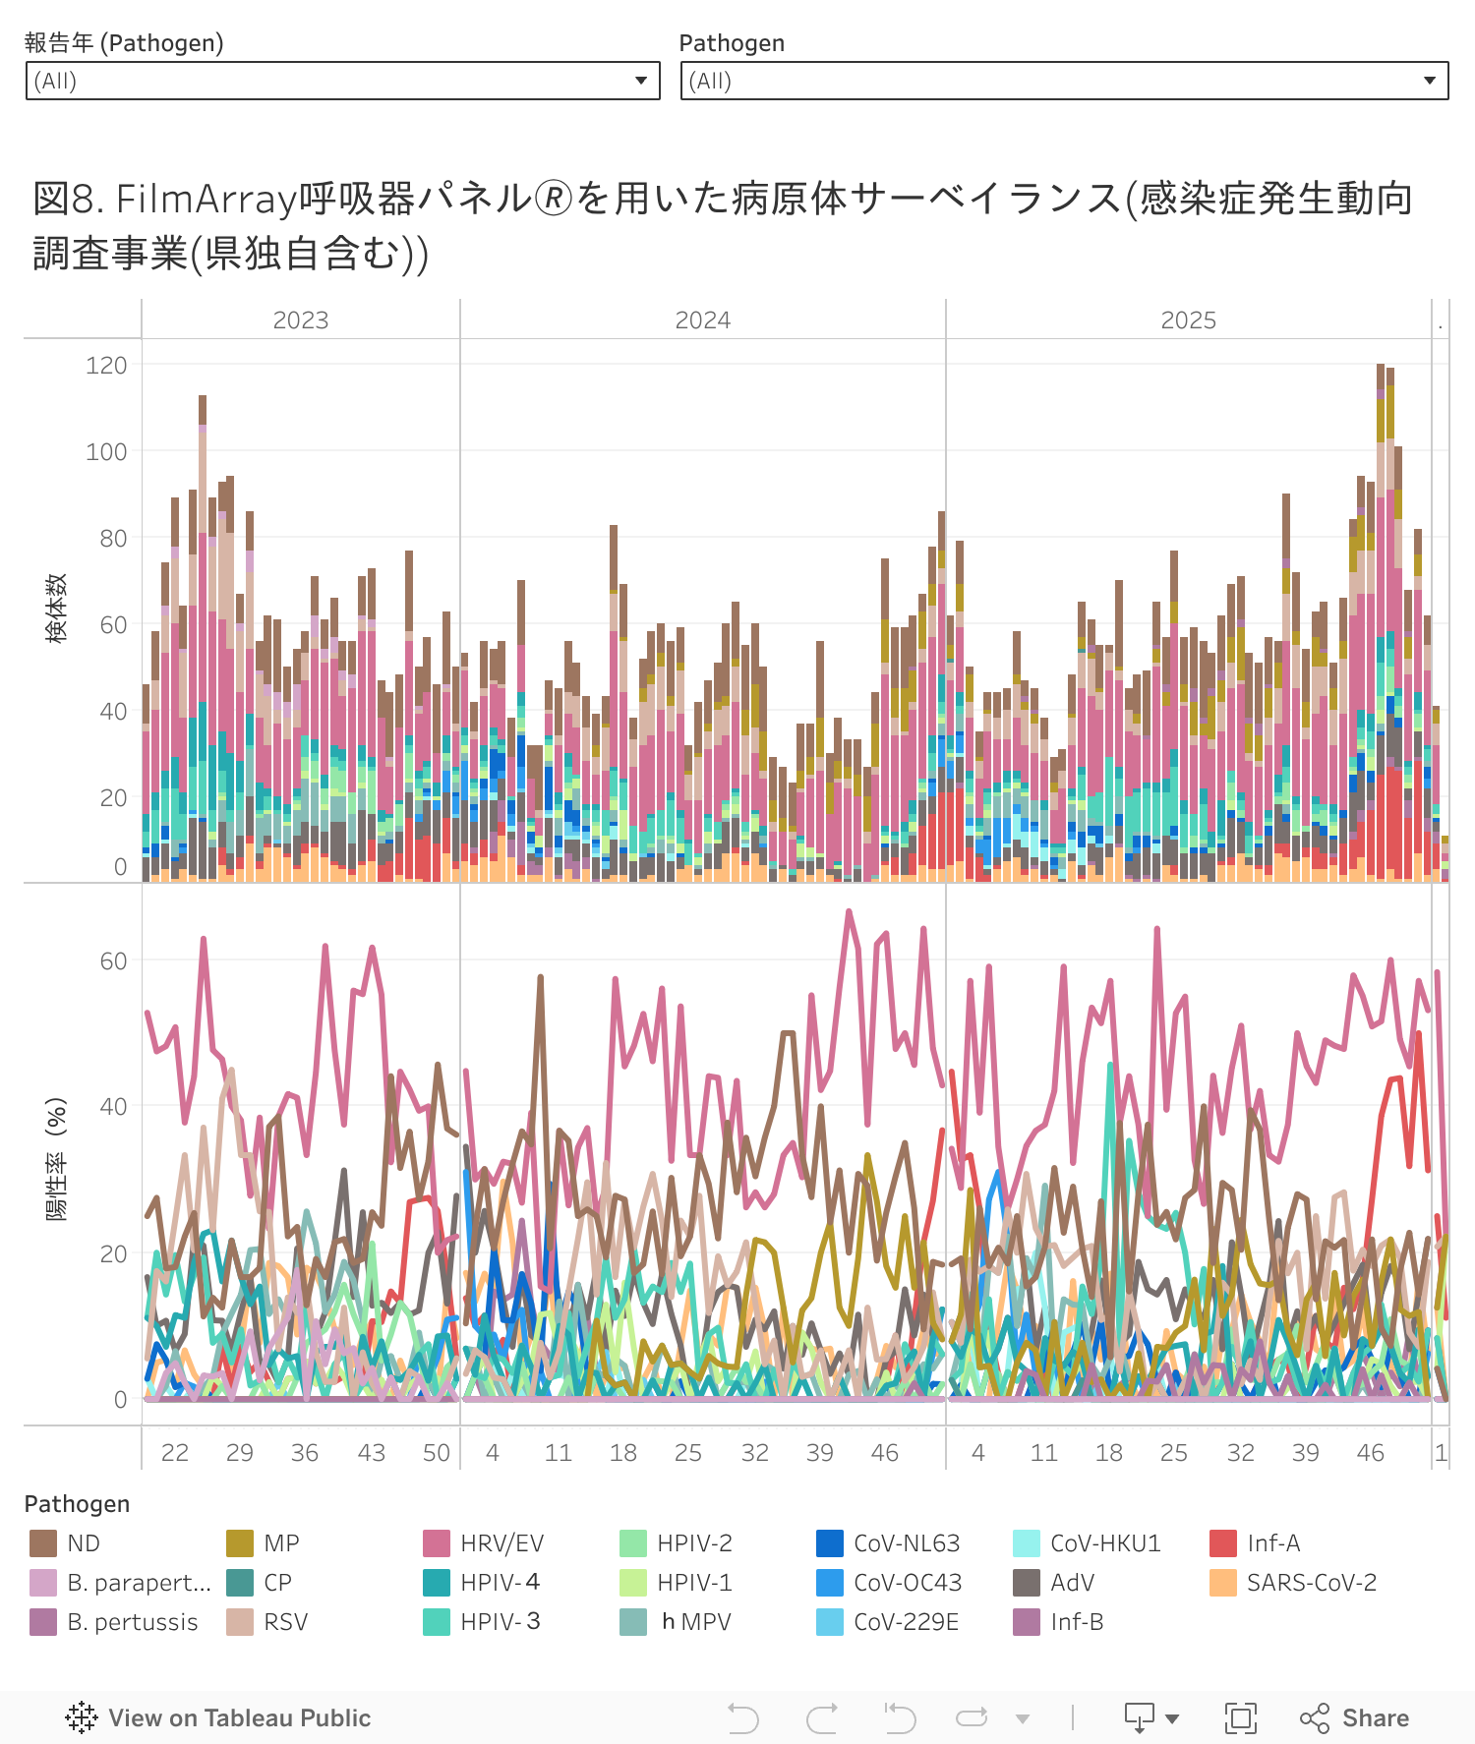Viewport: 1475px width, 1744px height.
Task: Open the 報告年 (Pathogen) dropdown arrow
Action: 641,81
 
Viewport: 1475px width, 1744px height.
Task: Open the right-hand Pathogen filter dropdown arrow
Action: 1430,81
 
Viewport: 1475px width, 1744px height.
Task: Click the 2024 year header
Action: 702,320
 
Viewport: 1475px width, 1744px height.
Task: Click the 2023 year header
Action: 300,320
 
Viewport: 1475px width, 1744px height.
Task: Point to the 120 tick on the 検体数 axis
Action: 106,366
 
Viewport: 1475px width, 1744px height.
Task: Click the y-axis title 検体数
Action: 57,610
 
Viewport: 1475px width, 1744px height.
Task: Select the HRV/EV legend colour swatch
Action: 437,1543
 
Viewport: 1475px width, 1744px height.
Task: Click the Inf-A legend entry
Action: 1273,1543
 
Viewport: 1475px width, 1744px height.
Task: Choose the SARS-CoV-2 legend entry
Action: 1312,1583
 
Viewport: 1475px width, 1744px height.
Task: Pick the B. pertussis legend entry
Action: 132,1622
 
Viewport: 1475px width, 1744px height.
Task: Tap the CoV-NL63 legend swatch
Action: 830,1543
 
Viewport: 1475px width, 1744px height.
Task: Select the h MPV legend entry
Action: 696,1622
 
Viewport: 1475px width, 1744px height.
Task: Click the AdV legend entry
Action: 1072,1583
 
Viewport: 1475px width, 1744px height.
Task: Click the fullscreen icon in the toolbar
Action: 1240,1717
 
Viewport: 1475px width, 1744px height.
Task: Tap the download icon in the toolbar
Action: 1140,1717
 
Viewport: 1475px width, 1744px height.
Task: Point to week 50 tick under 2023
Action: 437,1453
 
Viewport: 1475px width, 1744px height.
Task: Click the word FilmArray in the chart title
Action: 206,199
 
